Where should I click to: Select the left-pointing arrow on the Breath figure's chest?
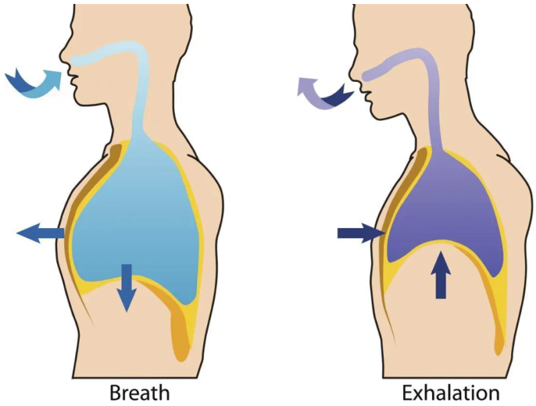42,234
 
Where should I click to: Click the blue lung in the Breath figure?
134,215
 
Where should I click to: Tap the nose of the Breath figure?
62,54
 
